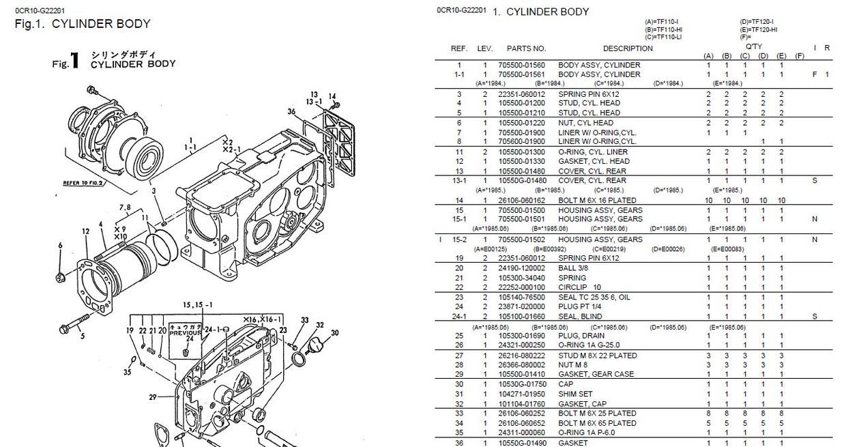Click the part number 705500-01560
tap(521, 65)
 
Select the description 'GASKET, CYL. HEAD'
tap(594, 161)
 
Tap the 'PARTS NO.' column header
tap(526, 48)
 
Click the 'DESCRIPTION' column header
tap(628, 48)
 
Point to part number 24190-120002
tap(521, 268)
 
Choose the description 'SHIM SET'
tap(575, 394)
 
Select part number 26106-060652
tap(521, 423)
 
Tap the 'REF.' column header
tap(459, 48)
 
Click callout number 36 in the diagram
tap(291, 111)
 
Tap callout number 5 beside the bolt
tap(82, 336)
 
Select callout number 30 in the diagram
tap(334, 333)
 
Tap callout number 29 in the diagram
tap(152, 397)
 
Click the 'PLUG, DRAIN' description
tap(581, 336)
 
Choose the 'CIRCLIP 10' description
tap(580, 287)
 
